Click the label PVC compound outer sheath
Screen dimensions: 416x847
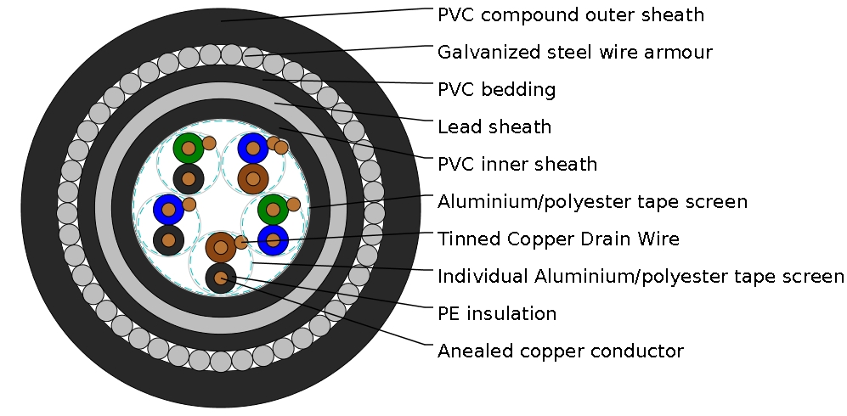click(x=570, y=15)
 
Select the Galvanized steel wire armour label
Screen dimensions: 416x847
click(x=574, y=53)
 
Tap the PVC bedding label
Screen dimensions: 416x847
click(x=496, y=90)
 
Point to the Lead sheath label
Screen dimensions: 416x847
click(x=494, y=127)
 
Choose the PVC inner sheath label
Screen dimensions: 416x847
click(x=517, y=165)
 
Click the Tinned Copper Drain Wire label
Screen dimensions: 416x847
click(x=558, y=239)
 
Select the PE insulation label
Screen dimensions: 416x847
click(x=496, y=314)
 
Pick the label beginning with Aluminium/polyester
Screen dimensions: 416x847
click(x=592, y=202)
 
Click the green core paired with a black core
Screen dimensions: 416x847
click(x=189, y=149)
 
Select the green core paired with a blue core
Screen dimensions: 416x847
click(x=273, y=208)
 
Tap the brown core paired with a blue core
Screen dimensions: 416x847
click(x=253, y=178)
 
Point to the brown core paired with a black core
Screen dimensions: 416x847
click(x=221, y=247)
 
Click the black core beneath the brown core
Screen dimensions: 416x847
click(x=221, y=278)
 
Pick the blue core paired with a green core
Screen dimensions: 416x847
click(x=273, y=240)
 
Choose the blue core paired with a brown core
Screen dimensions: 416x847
click(x=253, y=149)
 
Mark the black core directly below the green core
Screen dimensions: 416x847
click(x=189, y=179)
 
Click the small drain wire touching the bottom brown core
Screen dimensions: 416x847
click(x=241, y=242)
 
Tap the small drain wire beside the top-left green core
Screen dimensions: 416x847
click(x=209, y=143)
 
